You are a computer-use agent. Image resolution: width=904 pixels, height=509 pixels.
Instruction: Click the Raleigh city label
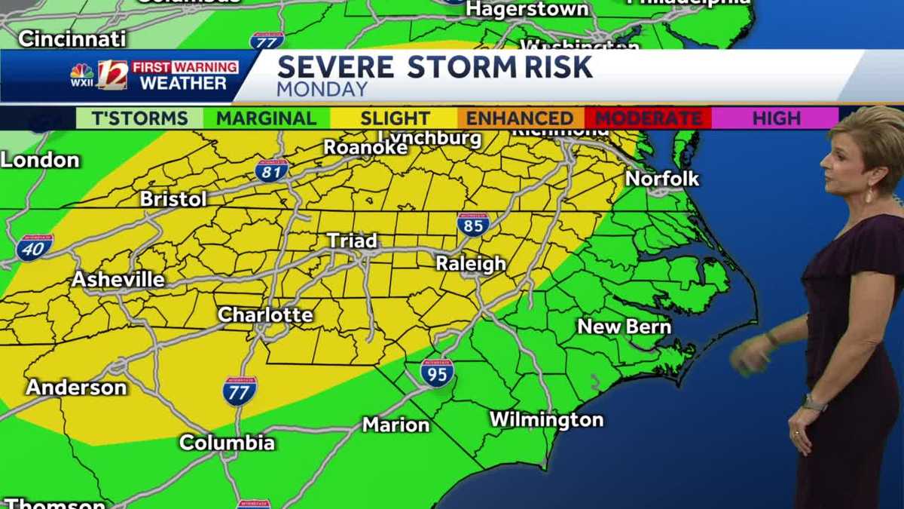(472, 264)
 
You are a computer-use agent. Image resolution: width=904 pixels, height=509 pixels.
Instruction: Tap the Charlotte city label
(265, 314)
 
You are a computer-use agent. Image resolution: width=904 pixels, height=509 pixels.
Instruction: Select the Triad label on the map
(352, 241)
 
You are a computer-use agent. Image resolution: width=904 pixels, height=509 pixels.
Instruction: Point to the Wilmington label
(546, 419)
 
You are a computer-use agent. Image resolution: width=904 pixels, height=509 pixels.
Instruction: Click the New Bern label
(624, 327)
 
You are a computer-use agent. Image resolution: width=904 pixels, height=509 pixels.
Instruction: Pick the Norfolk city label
(662, 179)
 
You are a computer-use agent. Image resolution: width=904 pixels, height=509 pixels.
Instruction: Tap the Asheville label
(118, 280)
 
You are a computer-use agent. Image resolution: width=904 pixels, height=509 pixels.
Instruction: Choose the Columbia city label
(227, 443)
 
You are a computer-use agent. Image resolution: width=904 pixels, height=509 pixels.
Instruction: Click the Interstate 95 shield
(437, 373)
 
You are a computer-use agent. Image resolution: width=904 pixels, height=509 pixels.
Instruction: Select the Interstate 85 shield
(473, 224)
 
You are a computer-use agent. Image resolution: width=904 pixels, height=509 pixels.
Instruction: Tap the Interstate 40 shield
(35, 247)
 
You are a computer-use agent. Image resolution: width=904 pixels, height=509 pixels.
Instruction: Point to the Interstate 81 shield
(271, 170)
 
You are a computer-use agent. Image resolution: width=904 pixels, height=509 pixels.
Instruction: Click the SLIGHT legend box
(394, 118)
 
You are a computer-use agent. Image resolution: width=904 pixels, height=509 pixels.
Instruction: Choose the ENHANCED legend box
(520, 118)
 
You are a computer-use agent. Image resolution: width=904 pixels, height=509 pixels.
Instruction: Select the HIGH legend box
(776, 118)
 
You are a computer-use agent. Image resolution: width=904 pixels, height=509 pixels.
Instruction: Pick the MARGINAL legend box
(266, 118)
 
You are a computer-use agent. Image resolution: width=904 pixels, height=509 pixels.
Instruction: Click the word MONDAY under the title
(322, 90)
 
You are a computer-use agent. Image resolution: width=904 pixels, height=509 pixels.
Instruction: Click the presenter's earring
(868, 196)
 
